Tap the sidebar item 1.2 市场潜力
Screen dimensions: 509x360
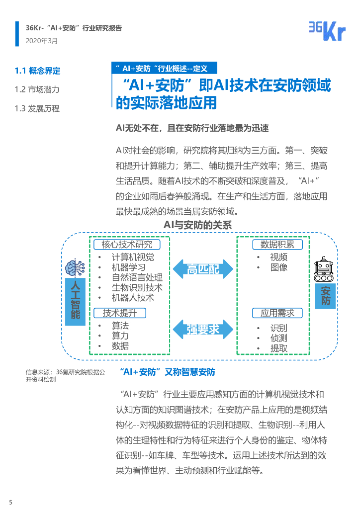coord(37,89)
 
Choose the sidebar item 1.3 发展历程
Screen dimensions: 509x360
coord(37,108)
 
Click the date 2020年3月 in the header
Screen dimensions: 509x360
coord(41,41)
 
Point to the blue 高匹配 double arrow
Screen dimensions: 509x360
coord(203,269)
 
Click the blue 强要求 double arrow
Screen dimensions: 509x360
coord(203,329)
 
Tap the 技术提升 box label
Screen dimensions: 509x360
coord(119,313)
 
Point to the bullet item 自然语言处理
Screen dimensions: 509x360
coord(137,277)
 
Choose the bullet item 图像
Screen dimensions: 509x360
coord(279,267)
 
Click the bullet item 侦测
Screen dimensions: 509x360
coord(279,338)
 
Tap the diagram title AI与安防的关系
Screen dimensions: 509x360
coord(198,225)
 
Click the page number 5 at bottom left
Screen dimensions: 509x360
coord(10,502)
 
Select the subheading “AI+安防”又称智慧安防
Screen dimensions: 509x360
coord(168,372)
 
